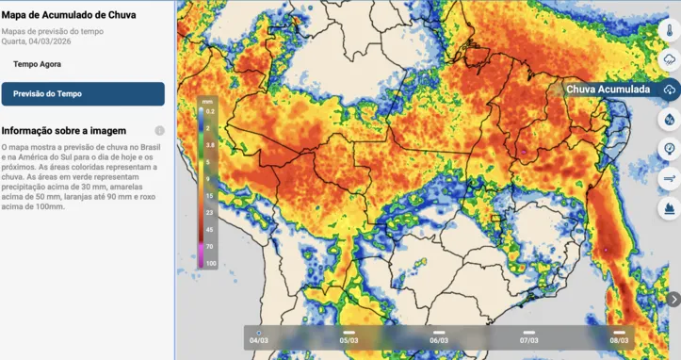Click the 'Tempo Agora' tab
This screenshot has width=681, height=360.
click(x=38, y=64)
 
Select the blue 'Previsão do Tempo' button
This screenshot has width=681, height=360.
click(x=83, y=93)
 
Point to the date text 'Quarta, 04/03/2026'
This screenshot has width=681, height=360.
click(x=36, y=41)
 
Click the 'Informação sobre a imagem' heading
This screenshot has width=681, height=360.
click(x=63, y=131)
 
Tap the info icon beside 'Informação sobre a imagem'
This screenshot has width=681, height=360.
click(x=159, y=131)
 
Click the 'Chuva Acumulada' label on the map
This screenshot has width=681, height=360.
click(x=608, y=90)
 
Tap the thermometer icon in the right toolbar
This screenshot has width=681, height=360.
click(x=669, y=29)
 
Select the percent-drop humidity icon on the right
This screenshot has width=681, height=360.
click(x=669, y=119)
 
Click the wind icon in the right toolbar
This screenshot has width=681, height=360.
click(x=669, y=177)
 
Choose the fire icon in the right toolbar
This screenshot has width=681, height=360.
click(x=669, y=207)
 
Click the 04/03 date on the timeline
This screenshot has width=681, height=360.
click(x=258, y=339)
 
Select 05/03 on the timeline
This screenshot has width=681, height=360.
click(x=349, y=339)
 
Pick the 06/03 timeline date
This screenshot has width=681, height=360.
click(x=438, y=339)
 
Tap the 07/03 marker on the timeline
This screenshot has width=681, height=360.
click(x=528, y=339)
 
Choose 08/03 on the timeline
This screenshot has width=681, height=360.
click(x=619, y=339)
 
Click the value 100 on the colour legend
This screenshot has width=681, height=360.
click(x=211, y=263)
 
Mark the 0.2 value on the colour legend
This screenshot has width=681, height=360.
click(x=211, y=111)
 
